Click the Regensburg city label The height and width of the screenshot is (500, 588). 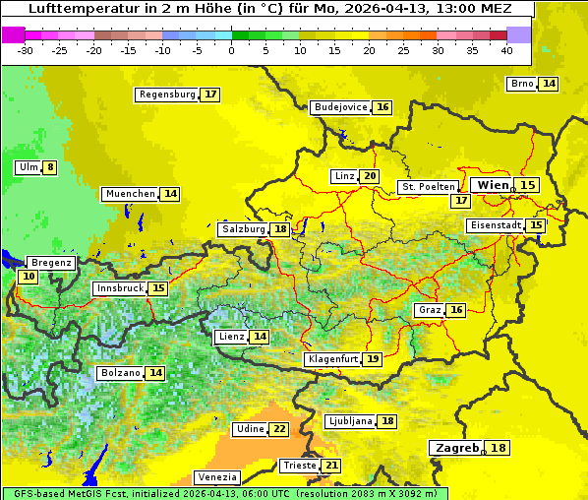coord(167,94)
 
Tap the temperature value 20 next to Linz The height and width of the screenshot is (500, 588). coord(370,176)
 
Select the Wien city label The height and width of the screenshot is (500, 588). coord(493,185)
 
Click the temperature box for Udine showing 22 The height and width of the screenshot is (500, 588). coord(279,429)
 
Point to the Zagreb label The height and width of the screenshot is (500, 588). coord(455,448)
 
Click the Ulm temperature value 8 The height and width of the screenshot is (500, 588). coord(50,167)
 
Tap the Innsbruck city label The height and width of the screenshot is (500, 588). coord(119,288)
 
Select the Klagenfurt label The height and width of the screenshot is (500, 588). coord(331,359)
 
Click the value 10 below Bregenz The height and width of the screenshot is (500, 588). coord(28,277)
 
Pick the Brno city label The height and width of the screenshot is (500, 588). coord(522,84)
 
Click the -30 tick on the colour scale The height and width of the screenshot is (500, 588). coord(26,50)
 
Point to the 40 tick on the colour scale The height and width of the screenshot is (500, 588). coord(506,50)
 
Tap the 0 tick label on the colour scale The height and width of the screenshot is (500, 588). coord(231,50)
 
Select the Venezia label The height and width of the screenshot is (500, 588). coord(216,477)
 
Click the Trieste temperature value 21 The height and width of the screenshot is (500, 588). coord(331,466)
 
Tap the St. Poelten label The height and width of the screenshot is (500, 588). coord(428,186)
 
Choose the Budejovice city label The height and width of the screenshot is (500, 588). coord(340,107)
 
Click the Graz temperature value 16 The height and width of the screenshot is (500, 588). coord(456,310)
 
